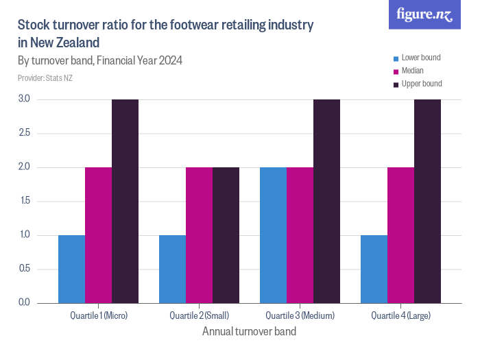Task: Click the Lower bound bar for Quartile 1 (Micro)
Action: pyautogui.click(x=71, y=269)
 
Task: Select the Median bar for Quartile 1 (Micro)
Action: pyautogui.click(x=98, y=235)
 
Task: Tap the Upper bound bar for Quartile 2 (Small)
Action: pyautogui.click(x=226, y=235)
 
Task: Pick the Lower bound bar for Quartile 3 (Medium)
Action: pyautogui.click(x=273, y=235)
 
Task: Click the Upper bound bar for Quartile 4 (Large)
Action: pyautogui.click(x=427, y=202)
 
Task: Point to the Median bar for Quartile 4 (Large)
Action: pyautogui.click(x=400, y=235)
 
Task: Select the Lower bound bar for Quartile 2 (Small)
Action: pyautogui.click(x=172, y=269)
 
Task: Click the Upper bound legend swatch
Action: pyautogui.click(x=395, y=84)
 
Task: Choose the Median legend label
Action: pyautogui.click(x=412, y=71)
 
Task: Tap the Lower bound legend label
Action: pyautogui.click(x=420, y=58)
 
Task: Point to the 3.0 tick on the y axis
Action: pyautogui.click(x=24, y=99)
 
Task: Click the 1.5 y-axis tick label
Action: pyautogui.click(x=24, y=201)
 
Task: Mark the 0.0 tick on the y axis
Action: pyautogui.click(x=24, y=302)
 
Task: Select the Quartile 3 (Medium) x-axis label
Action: pyautogui.click(x=300, y=315)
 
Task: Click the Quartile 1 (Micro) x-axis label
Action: pyautogui.click(x=99, y=315)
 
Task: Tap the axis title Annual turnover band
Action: pyautogui.click(x=250, y=332)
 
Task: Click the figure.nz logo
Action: pyautogui.click(x=425, y=14)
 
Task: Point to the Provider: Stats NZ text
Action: pyautogui.click(x=45, y=78)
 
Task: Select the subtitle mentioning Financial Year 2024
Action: pyautogui.click(x=100, y=60)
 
